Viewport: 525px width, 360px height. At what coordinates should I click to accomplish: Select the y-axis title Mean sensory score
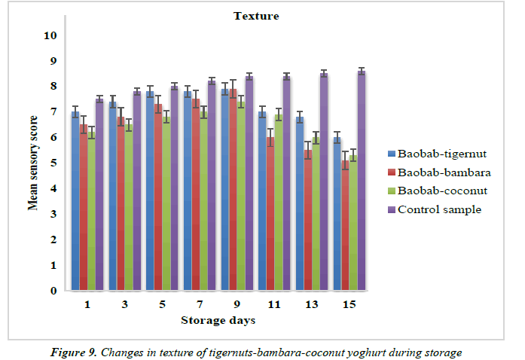point(34,162)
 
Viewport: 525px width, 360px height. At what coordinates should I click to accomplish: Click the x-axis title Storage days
point(218,321)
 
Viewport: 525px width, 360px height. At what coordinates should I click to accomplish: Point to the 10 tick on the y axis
point(50,35)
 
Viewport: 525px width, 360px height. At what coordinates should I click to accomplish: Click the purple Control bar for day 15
point(361,181)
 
